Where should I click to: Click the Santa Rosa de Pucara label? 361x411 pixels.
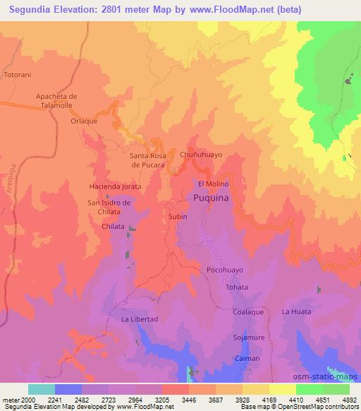tap(148, 159)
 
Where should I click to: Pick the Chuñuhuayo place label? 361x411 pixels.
tap(201, 153)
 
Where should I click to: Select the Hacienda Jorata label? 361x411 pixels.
tap(115, 186)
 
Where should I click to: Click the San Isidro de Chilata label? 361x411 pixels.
tap(109, 207)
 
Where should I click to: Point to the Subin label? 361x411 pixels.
tap(178, 217)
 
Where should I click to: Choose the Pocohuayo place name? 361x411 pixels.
tap(225, 270)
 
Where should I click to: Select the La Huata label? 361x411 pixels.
tap(295, 311)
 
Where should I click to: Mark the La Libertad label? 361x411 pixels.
tap(140, 319)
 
